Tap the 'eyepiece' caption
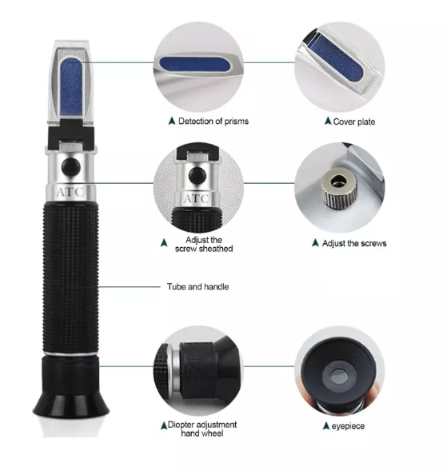346,426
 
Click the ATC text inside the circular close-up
197,197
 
